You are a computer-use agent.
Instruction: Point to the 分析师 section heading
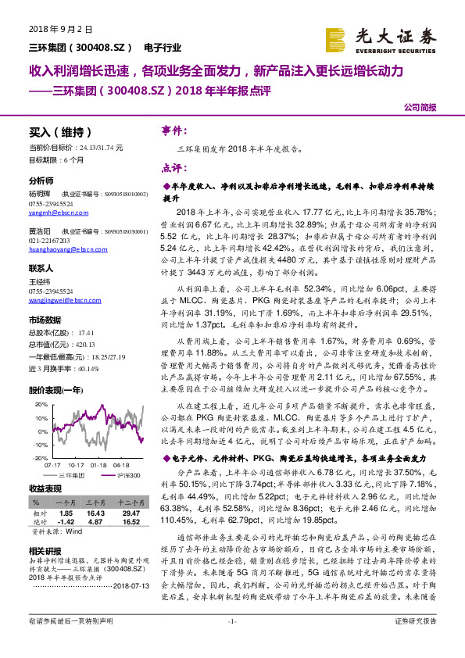point(42,181)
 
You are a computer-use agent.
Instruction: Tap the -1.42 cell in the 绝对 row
point(66,521)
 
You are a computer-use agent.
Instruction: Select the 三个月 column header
point(97,502)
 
